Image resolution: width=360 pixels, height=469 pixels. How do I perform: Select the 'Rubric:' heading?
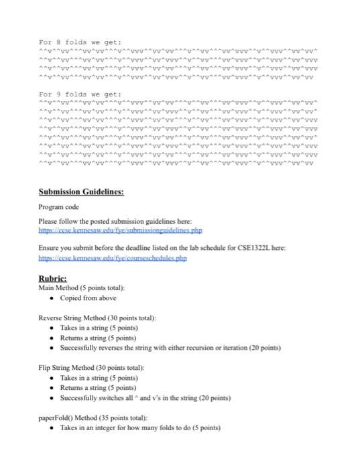(x=55, y=278)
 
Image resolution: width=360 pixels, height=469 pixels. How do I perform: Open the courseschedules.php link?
(x=112, y=259)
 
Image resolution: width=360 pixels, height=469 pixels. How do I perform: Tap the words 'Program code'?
(x=59, y=208)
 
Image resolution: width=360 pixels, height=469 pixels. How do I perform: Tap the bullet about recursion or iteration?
(x=171, y=348)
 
